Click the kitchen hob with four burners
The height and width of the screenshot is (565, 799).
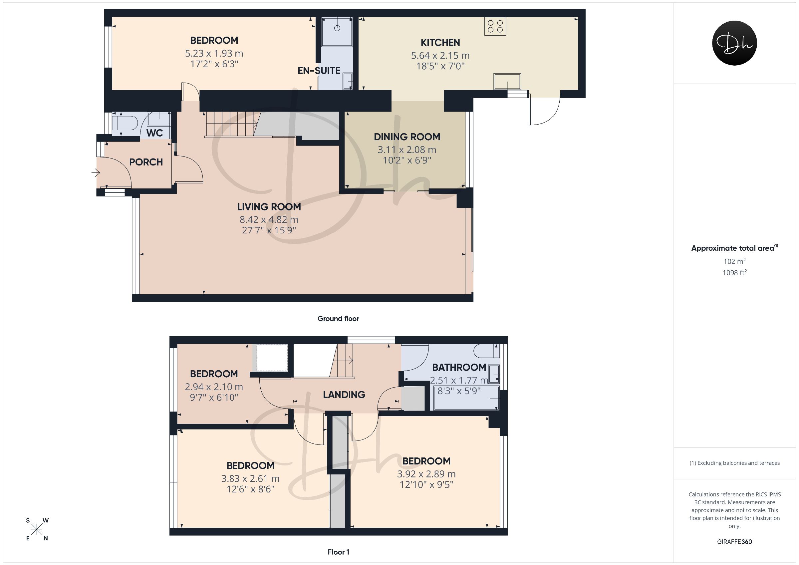495,26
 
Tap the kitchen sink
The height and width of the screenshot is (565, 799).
507,81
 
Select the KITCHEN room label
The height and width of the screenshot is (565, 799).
440,43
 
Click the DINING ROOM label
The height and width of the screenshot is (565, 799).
407,137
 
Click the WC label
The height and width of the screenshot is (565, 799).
154,133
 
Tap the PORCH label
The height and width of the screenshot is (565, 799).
146,162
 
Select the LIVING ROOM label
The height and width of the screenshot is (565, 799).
269,207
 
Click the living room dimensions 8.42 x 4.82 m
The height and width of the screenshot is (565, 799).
269,220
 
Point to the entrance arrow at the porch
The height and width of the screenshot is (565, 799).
96,172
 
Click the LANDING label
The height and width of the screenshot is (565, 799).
344,395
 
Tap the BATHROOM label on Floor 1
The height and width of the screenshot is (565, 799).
459,367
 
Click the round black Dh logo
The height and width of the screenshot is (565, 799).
734,43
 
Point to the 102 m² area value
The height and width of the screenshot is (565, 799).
734,261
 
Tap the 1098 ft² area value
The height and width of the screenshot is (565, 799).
734,273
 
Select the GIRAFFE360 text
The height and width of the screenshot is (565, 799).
734,542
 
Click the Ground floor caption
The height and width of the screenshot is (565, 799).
338,319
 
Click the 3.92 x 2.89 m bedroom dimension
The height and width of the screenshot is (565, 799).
426,474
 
